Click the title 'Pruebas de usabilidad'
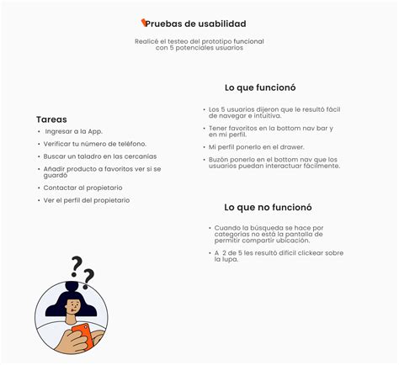tap(200, 24)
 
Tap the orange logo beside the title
tap(146, 23)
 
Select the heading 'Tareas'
tap(51, 119)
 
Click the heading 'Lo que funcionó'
tap(260, 87)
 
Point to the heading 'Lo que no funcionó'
tap(268, 207)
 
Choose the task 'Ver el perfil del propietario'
tap(87, 200)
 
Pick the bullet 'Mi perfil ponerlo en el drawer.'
tap(256, 146)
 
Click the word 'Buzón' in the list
tap(221, 159)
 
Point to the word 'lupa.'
tap(226, 259)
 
